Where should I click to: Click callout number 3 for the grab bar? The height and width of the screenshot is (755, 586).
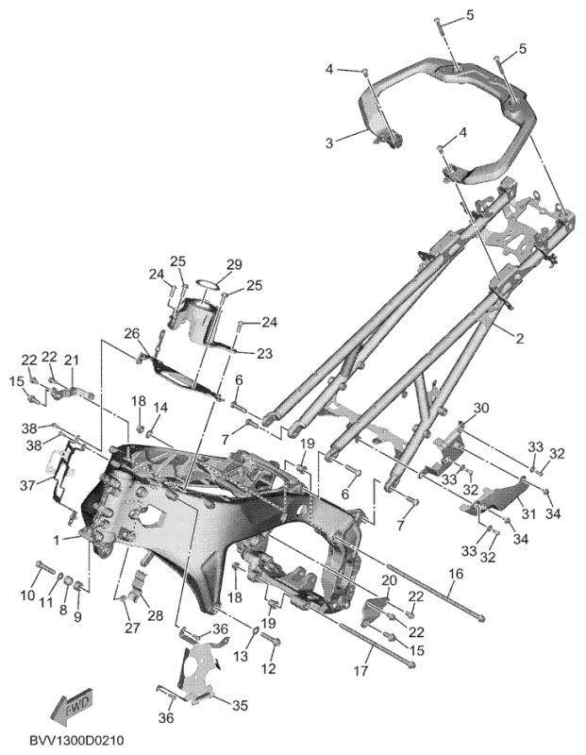point(329,143)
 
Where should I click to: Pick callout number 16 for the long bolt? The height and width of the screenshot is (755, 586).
point(455,573)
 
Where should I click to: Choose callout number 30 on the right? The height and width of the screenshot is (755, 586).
point(481,408)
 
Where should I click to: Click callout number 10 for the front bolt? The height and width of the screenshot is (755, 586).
point(38,595)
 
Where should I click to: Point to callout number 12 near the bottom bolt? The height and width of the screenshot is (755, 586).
point(269,669)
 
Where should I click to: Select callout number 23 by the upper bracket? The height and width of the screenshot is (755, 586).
point(263,353)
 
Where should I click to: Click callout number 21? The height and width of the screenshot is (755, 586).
point(72,360)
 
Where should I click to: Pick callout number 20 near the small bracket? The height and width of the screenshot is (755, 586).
point(390,579)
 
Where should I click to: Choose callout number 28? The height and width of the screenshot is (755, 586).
point(155,615)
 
